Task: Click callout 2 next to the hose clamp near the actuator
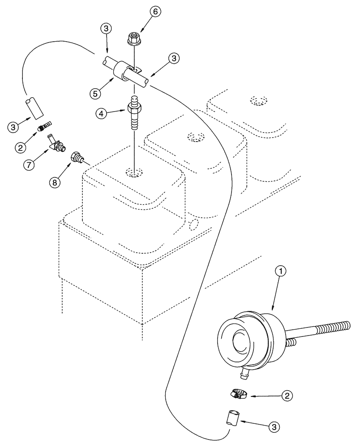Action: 287,396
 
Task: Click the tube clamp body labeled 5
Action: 122,71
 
